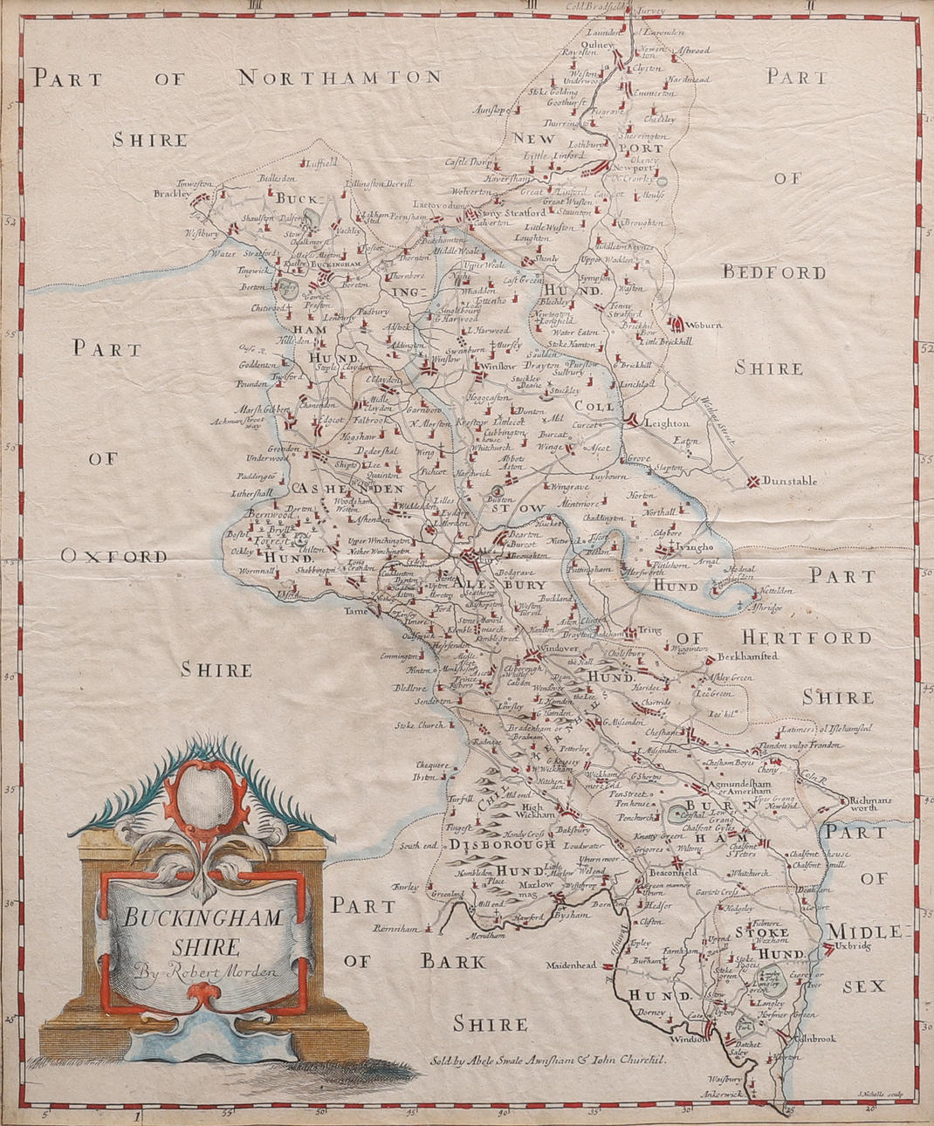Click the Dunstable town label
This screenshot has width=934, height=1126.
pyautogui.click(x=790, y=480)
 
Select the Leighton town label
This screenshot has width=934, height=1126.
pyautogui.click(x=667, y=422)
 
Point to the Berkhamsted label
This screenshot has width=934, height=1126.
pyautogui.click(x=746, y=656)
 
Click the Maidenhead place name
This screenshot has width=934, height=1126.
pyautogui.click(x=572, y=965)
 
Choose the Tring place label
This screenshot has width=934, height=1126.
pyautogui.click(x=649, y=629)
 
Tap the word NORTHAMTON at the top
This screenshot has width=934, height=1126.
pyautogui.click(x=340, y=77)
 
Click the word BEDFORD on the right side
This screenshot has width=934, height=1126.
pyautogui.click(x=773, y=272)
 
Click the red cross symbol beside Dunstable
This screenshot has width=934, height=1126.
pyautogui.click(x=752, y=480)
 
